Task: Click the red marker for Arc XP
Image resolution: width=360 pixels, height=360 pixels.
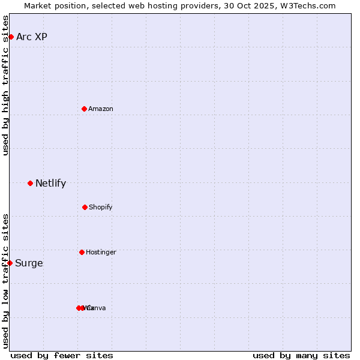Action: pos(11,37)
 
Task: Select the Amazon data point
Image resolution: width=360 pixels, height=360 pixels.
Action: pos(85,109)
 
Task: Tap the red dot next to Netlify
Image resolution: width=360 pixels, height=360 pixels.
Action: pos(30,183)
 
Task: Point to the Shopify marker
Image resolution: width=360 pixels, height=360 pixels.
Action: pos(85,207)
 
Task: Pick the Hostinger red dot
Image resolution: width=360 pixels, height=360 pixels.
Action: pos(82,252)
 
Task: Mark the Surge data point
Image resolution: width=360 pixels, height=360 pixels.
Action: pos(10,263)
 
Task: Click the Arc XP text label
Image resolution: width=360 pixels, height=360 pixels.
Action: pos(32,37)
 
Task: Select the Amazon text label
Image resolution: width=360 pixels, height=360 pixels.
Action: pos(101,109)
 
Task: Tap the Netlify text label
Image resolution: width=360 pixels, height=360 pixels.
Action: pos(50,183)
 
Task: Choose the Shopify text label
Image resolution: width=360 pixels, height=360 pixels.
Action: pos(101,207)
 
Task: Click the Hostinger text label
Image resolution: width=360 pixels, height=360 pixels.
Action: pos(101,252)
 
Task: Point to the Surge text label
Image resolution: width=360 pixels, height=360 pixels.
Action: pos(29,263)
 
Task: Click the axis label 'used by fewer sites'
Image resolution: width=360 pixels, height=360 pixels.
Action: pos(62,355)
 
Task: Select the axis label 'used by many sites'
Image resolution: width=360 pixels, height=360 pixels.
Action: pos(301,355)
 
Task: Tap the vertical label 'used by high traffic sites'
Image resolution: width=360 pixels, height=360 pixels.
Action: pos(5,85)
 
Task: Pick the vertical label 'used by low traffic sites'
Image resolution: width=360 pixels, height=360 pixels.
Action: pos(5,280)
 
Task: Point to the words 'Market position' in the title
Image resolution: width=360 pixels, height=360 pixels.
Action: pos(52,5)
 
